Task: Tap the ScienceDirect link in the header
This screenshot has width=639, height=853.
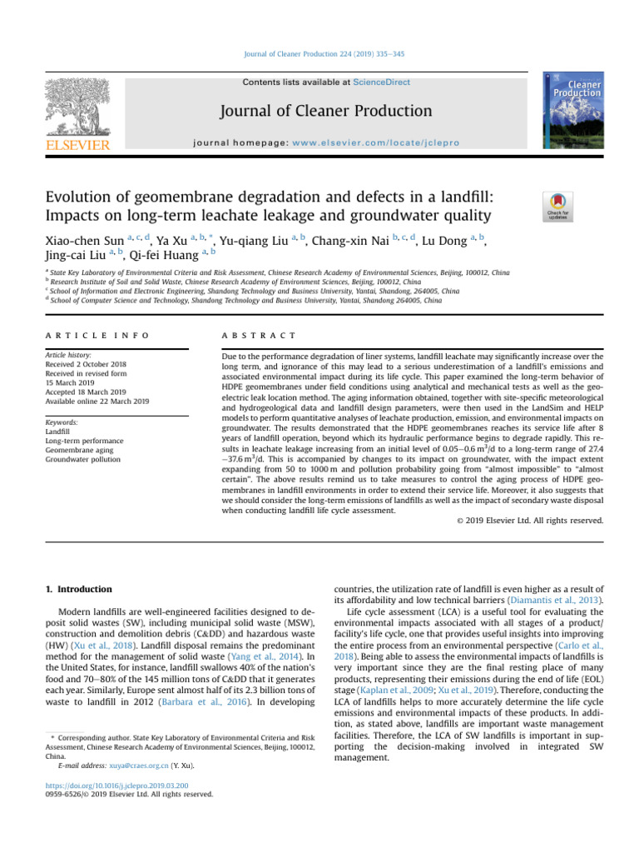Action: coord(382,82)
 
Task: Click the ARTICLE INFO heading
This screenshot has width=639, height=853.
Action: coord(97,335)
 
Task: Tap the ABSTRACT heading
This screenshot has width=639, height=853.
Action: coord(258,335)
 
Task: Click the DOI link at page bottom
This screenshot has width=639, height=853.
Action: coord(116,785)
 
